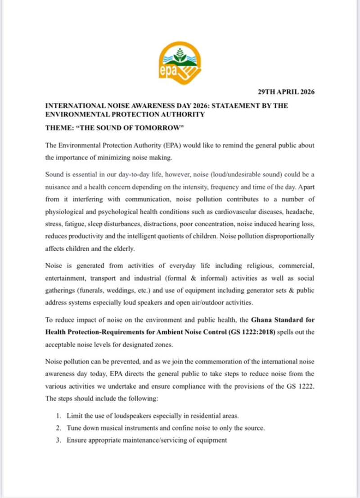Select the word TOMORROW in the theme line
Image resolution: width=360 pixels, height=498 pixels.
tap(159, 128)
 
